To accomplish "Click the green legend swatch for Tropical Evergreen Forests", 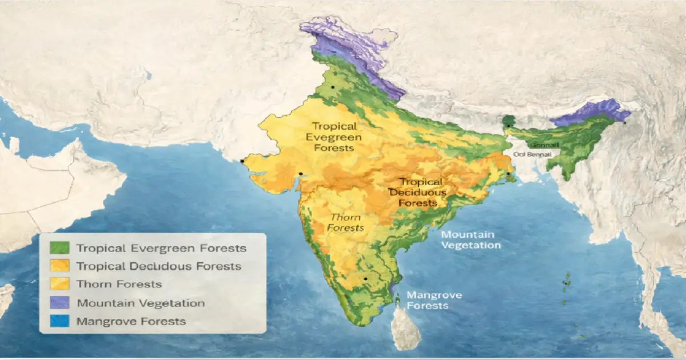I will [59, 248].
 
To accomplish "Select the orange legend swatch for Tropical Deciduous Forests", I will [59, 266].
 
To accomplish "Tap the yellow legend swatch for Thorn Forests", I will [59, 284].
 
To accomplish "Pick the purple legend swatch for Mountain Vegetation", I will [59, 303].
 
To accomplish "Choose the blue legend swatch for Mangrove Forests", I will [59, 321].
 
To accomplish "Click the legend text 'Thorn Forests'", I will [119, 284].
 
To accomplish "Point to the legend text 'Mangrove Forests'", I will [131, 321].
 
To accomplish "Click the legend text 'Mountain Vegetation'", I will [140, 303].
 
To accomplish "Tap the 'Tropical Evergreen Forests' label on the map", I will [334, 137].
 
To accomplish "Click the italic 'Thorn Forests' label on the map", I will [345, 222].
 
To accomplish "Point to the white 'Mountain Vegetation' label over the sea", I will [472, 239].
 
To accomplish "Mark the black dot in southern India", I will [365, 279].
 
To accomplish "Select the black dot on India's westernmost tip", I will [243, 161].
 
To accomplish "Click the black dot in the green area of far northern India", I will [332, 87].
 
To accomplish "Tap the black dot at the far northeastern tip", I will [624, 122].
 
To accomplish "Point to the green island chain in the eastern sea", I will [567, 283].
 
